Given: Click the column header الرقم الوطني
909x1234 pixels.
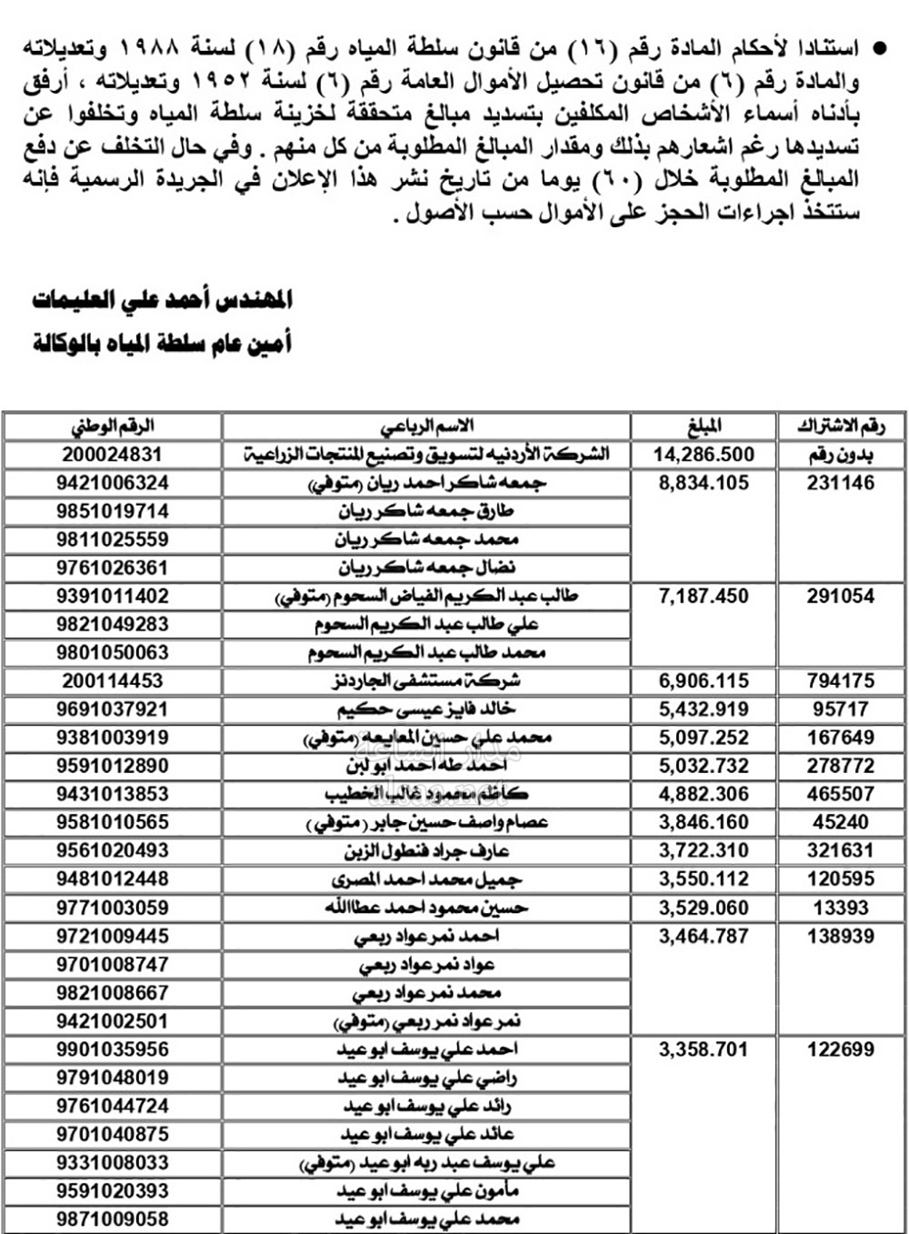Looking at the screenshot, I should pyautogui.click(x=113, y=426).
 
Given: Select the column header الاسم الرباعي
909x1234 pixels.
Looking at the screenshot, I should pyautogui.click(x=426, y=426).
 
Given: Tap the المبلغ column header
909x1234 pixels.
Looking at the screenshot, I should pyautogui.click(x=704, y=426).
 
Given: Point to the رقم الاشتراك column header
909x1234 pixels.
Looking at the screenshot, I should pyautogui.click(x=841, y=426).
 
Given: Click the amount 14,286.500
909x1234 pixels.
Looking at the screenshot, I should pyautogui.click(x=704, y=455).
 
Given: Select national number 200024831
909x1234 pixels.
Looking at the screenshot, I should pyautogui.click(x=113, y=455).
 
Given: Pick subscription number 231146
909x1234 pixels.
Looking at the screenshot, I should pyautogui.click(x=841, y=483).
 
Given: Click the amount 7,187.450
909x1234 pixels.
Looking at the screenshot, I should pyautogui.click(x=704, y=597).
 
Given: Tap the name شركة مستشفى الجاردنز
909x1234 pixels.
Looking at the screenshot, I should pyautogui.click(x=426, y=681).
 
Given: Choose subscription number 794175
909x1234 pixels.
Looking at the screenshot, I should pyautogui.click(x=841, y=681).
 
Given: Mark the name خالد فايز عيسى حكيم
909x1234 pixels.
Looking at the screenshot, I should pyautogui.click(x=426, y=709).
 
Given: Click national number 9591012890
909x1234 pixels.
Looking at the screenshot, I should pyautogui.click(x=113, y=766).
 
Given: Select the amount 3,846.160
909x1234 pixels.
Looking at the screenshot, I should pyautogui.click(x=704, y=822).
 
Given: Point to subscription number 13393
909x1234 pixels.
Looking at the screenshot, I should pyautogui.click(x=841, y=908).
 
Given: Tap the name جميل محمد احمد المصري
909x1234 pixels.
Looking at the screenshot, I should pyautogui.click(x=426, y=879).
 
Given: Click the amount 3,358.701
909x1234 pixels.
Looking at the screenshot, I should pyautogui.click(x=704, y=1049).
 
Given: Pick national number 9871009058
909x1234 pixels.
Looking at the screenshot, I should pyautogui.click(x=113, y=1219).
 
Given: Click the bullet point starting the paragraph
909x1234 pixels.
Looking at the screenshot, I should pyautogui.click(x=878, y=47).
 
